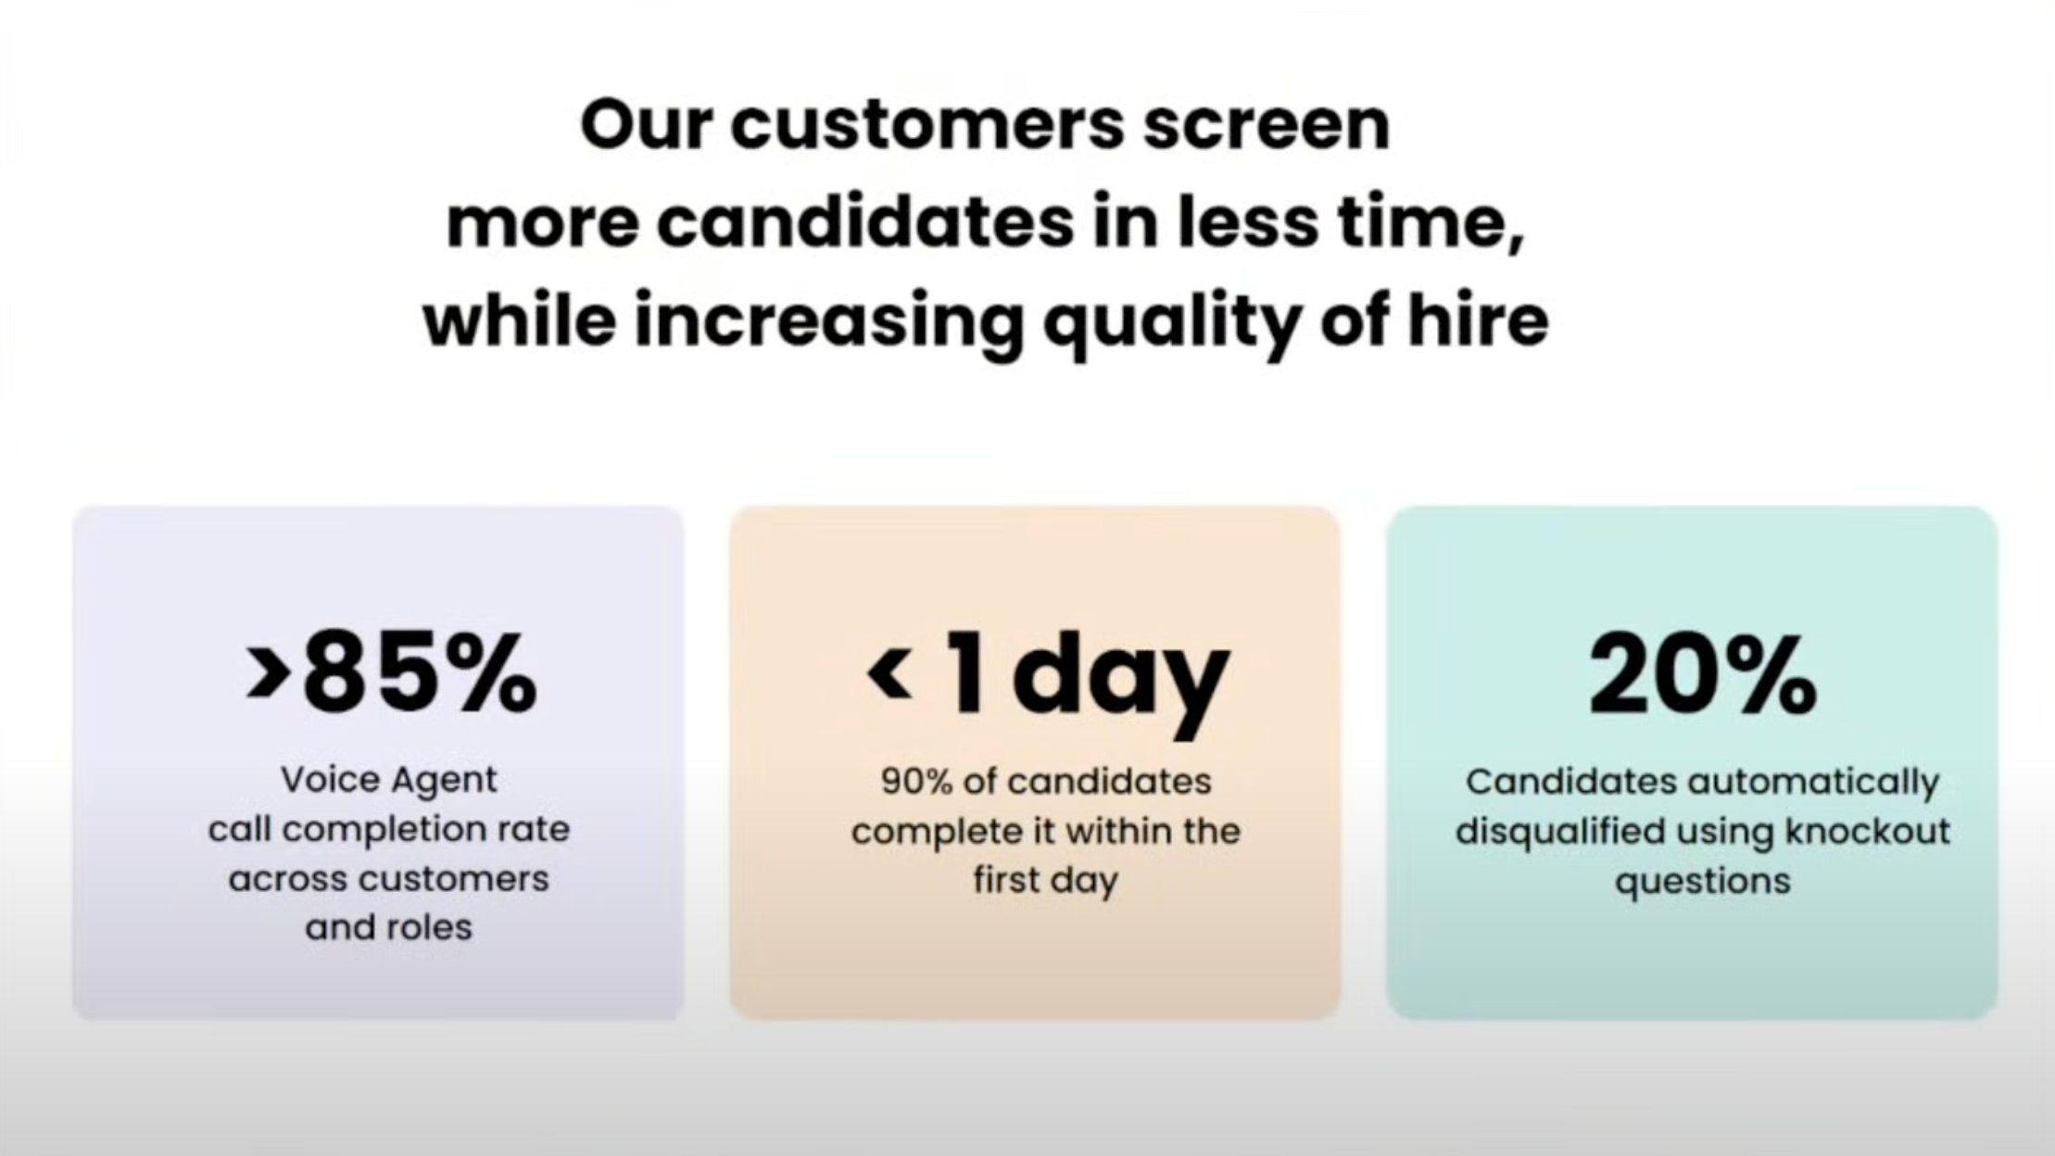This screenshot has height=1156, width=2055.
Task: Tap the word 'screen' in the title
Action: (1267, 127)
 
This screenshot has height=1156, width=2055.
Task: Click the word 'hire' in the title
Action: (1478, 319)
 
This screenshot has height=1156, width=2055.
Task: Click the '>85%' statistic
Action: (391, 673)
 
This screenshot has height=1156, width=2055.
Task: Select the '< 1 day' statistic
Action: (1048, 681)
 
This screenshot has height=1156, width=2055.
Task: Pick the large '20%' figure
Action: (1703, 674)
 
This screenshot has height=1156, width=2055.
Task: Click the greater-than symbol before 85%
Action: (267, 673)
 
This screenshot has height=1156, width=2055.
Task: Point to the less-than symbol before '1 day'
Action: (889, 672)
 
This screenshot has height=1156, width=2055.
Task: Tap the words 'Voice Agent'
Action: (389, 781)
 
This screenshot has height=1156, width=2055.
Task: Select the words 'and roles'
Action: (389, 927)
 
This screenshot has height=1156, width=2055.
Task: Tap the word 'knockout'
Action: (1868, 831)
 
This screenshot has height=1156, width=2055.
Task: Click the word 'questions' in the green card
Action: (1703, 882)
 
